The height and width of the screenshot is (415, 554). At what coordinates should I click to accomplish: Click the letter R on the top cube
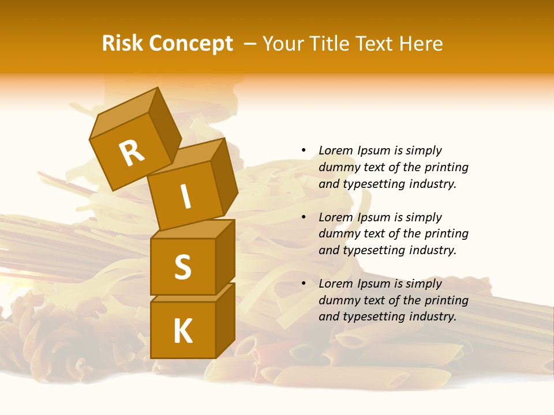click(132, 153)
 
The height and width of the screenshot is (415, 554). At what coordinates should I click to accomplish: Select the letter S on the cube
click(182, 267)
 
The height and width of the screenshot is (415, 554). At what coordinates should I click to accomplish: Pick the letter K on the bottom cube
click(182, 331)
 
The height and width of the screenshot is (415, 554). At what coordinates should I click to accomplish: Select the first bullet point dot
click(304, 150)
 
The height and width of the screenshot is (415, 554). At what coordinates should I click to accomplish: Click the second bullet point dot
click(304, 217)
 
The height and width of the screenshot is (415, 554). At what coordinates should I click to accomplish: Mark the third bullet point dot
click(304, 284)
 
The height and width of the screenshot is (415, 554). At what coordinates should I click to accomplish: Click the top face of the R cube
click(124, 116)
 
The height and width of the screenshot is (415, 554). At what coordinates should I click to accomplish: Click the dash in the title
click(250, 44)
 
